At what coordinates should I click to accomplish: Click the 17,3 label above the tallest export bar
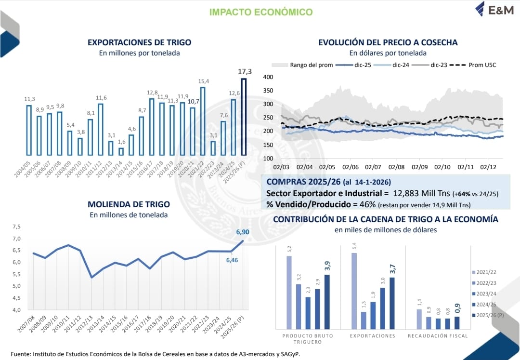click(245, 72)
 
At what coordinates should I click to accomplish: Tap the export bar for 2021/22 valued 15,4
click(203, 121)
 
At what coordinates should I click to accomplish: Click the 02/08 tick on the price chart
click(396, 167)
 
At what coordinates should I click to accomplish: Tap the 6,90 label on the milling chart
click(242, 232)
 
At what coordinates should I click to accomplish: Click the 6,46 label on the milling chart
click(232, 260)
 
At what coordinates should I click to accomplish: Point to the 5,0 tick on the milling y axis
click(17, 286)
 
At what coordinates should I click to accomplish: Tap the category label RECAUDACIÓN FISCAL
click(437, 336)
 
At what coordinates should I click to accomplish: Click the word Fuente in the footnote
click(20, 353)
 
